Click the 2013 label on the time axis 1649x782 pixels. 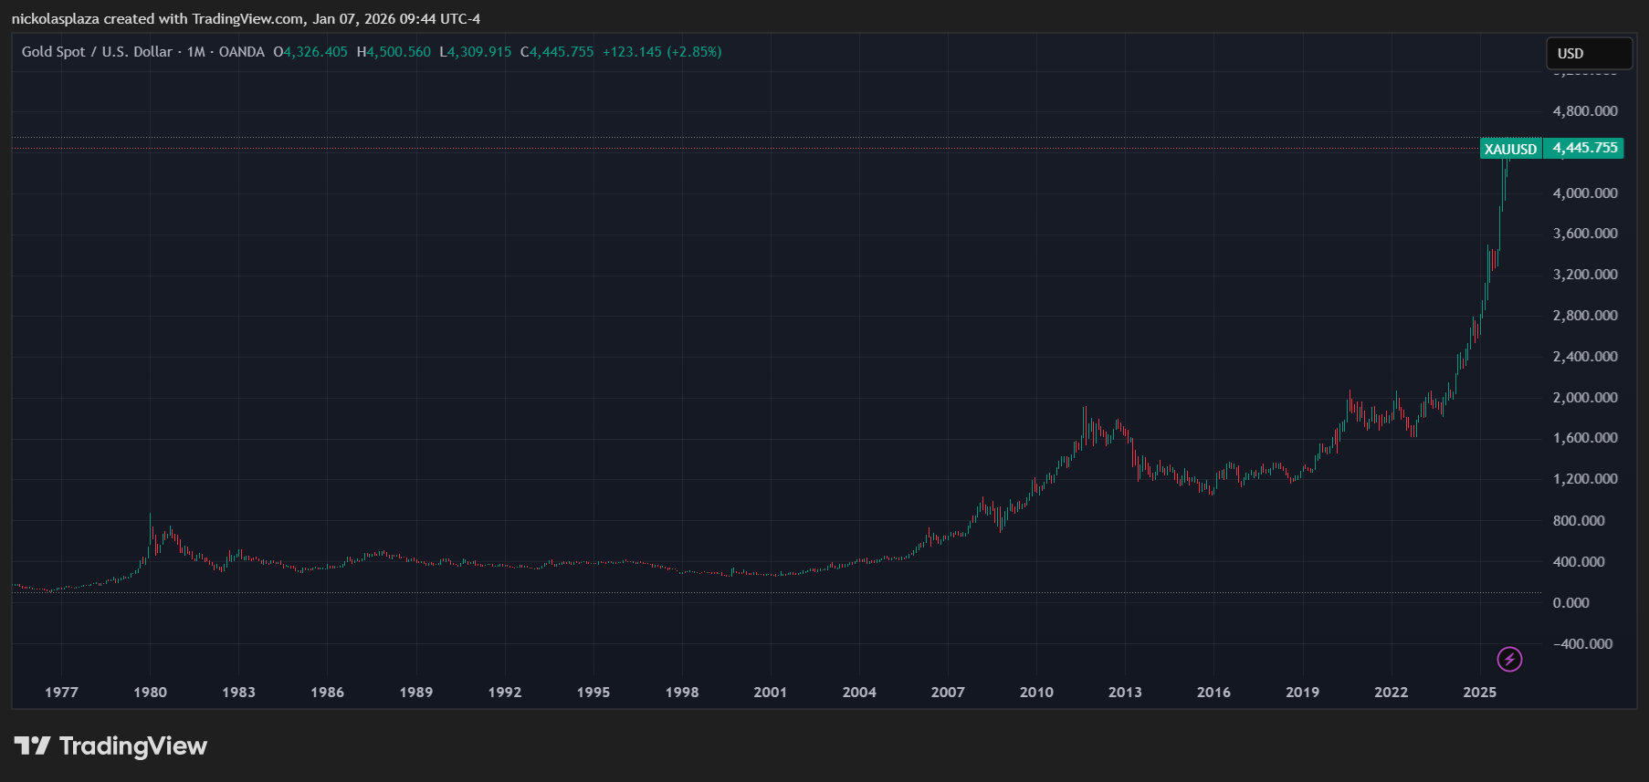click(1125, 692)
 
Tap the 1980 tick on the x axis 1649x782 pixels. click(150, 692)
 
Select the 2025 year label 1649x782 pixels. click(1479, 692)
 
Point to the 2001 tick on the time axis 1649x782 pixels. click(770, 692)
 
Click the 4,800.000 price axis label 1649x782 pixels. click(1584, 111)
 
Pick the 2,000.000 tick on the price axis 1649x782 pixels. click(1584, 398)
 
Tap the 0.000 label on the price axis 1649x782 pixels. click(1570, 603)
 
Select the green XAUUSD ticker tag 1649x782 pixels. click(1510, 149)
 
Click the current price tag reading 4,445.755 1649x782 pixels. click(1584, 148)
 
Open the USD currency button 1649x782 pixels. click(1588, 54)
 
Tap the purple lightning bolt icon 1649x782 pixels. click(1509, 659)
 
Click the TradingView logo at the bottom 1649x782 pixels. click(111, 746)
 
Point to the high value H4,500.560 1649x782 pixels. click(394, 52)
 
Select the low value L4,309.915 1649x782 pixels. click(476, 52)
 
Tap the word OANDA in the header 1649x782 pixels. click(241, 52)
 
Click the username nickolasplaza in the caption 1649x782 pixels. click(55, 19)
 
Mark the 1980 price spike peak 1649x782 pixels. click(151, 516)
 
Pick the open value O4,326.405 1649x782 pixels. click(310, 52)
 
